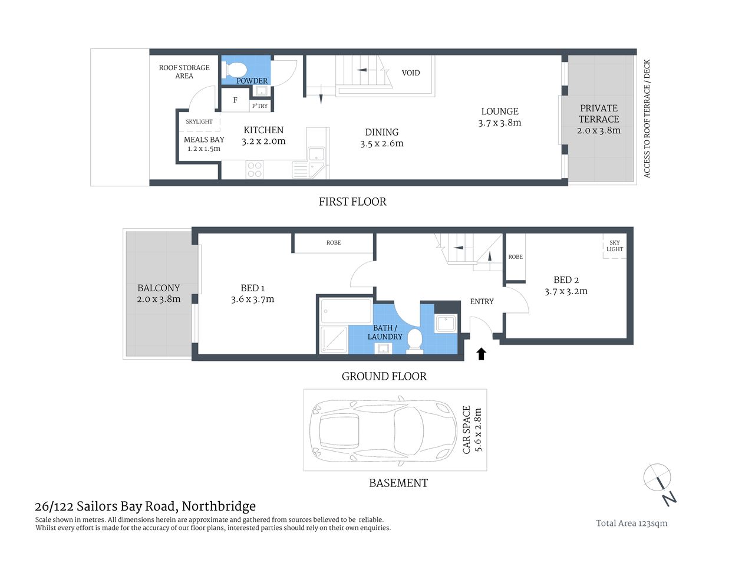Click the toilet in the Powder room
coord(236,69)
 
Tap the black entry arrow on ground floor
coord(481,354)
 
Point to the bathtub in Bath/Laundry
coord(345,311)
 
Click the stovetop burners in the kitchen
coord(255,170)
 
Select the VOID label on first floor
coord(411,73)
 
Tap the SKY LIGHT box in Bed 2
coord(614,246)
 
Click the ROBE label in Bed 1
coord(334,243)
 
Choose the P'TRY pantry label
coord(260,106)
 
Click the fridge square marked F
coord(235,101)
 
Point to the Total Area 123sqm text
coord(631,523)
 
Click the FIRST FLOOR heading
coord(352,202)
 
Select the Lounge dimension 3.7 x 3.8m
coord(500,123)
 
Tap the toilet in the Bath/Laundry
coord(415,341)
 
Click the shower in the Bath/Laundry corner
coord(333,340)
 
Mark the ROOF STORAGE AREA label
coord(184,71)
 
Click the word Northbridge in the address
coord(219,506)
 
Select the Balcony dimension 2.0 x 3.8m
coord(159,299)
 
